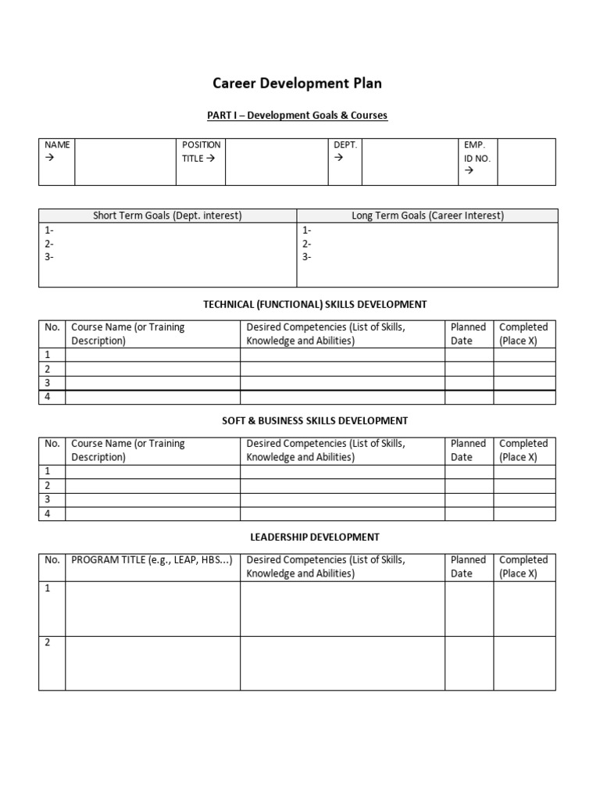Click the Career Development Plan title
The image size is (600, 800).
coord(298,84)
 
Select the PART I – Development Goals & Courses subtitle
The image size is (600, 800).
coord(297,116)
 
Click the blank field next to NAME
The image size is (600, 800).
coord(125,162)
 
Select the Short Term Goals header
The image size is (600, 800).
coord(167,216)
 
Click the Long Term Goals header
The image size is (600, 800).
coord(427,216)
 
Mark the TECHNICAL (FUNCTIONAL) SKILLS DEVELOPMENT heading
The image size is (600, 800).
coord(315,304)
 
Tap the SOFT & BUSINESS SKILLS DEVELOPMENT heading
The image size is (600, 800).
coord(315,420)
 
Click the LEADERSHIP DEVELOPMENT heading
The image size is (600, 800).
coord(315,537)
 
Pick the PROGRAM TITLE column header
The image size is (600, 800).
coord(152,560)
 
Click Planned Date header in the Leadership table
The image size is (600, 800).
coord(468,566)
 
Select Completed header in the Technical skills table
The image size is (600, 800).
coord(523,334)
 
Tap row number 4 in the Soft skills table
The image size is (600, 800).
coord(48,513)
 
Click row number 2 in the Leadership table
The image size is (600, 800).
coord(48,643)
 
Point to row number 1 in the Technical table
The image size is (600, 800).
coord(48,355)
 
